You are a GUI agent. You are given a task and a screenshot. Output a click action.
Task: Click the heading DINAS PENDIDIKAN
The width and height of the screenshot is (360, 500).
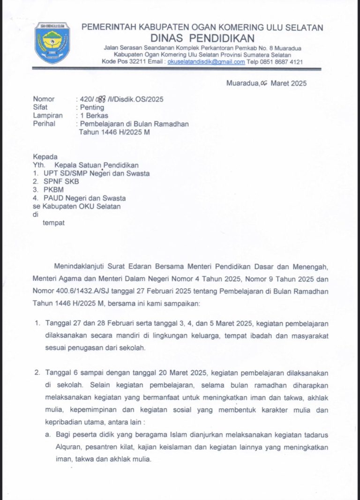tap(202, 38)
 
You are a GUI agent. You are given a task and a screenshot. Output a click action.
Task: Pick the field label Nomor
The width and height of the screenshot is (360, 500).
tap(44, 99)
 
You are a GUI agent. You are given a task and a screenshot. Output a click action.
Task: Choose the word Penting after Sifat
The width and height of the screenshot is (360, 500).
tap(92, 107)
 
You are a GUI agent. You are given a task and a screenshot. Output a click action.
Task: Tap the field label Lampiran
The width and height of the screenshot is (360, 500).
tap(48, 115)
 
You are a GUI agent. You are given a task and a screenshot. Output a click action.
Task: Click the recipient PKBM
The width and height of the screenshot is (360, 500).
tap(53, 190)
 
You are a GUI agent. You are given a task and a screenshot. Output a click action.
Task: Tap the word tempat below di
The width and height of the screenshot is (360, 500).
tap(54, 223)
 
